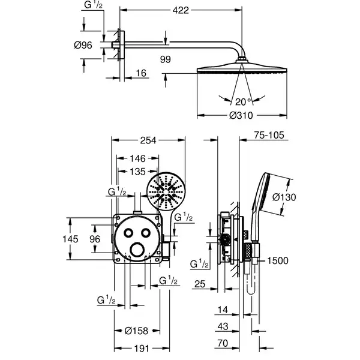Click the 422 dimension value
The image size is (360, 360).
181,10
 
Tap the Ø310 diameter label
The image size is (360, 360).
241,115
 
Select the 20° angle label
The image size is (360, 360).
244,102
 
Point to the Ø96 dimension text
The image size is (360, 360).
83,45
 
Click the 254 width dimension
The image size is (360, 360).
148,140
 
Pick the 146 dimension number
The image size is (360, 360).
138,158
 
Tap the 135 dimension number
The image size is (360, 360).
138,172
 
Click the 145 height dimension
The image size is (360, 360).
70,239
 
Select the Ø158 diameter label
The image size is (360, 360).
136,331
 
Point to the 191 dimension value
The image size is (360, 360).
142,349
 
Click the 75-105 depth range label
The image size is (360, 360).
269,135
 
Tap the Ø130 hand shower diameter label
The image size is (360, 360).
284,197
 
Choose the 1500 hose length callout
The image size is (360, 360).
278,261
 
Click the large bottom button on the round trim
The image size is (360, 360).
137,250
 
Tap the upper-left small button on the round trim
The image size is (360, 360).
128,233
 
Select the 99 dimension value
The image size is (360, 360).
166,59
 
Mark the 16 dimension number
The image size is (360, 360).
141,73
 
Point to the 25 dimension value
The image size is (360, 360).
200,284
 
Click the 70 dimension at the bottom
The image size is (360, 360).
223,343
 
